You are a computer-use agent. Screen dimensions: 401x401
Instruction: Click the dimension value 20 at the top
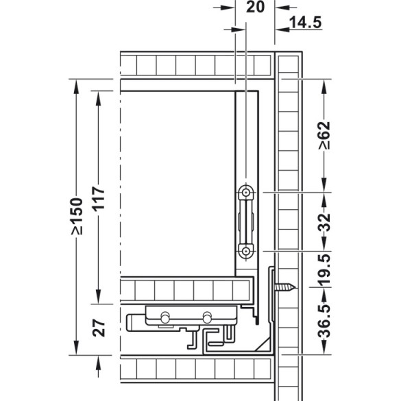point(255,7)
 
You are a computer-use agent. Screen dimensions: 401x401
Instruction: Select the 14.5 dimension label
point(305,22)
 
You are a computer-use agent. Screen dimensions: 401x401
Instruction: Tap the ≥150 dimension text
point(77,216)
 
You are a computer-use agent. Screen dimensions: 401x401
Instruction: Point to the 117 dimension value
point(99,198)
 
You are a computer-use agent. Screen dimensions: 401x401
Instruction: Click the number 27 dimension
point(99,328)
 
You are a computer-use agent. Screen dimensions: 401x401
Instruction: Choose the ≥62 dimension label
point(324,135)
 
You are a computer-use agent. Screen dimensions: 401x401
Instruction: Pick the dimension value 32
point(324,222)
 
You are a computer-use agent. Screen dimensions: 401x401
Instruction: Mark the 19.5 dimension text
point(324,270)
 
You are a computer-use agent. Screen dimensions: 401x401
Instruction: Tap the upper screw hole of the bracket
point(246,192)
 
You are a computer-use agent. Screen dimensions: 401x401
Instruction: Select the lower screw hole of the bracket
point(246,252)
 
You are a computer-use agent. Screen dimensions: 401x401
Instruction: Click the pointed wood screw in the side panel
point(285,287)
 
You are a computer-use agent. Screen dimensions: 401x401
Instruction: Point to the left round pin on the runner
point(165,317)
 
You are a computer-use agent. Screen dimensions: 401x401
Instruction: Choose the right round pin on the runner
point(207,317)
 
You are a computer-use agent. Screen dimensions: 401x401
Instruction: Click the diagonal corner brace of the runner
point(262,344)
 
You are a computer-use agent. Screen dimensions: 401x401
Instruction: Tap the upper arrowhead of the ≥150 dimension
point(76,86)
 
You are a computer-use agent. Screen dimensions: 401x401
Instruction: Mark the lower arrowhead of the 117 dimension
point(99,297)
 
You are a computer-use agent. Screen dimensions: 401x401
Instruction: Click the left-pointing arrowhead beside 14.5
point(282,29)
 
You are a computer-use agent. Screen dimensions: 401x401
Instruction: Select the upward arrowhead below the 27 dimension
point(99,363)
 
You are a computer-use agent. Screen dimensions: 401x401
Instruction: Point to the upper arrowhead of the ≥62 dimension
point(324,86)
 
